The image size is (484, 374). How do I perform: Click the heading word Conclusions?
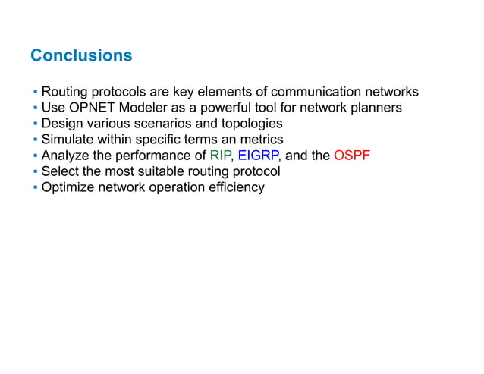pyautogui.click(x=81, y=56)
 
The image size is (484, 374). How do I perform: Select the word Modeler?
pyautogui.click(x=143, y=108)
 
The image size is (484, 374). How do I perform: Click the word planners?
pyautogui.click(x=375, y=108)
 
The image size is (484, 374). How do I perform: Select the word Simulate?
pyautogui.click(x=68, y=140)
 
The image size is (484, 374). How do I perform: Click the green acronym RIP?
pyautogui.click(x=221, y=156)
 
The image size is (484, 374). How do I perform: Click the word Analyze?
pyautogui.click(x=65, y=156)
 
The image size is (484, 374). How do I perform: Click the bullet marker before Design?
pyautogui.click(x=35, y=124)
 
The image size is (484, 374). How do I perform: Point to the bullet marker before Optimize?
pyautogui.click(x=35, y=187)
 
